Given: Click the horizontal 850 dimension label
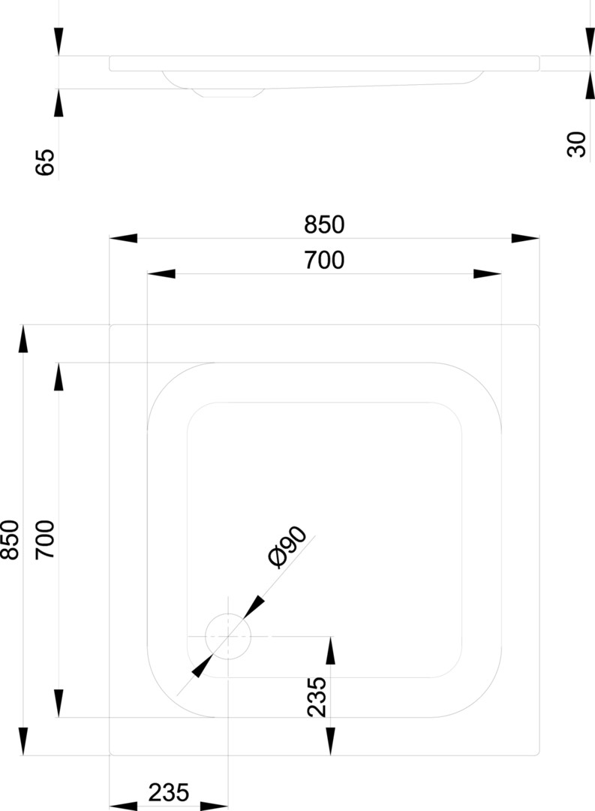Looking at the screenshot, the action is [x=324, y=225].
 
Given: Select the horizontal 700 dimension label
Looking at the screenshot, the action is [x=324, y=260].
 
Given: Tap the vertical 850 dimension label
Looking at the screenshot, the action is [x=11, y=539].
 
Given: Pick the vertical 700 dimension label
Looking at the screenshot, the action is [x=45, y=539].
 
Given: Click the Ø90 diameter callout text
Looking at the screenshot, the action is [x=287, y=547].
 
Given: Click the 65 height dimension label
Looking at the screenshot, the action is [x=45, y=162].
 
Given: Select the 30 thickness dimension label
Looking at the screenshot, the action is [x=577, y=144].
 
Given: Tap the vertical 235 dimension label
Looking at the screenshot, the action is [x=317, y=697].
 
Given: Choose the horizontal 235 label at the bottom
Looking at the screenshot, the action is [x=169, y=792].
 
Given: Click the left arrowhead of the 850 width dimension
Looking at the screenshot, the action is [x=124, y=239].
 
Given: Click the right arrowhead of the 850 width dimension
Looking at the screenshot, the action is [x=525, y=239].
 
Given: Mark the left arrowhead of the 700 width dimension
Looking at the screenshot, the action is [x=161, y=273].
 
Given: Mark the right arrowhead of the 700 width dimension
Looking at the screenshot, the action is [x=487, y=273].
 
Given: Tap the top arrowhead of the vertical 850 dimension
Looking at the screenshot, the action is [x=23, y=339].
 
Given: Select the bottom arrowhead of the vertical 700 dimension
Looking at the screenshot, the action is [x=59, y=704].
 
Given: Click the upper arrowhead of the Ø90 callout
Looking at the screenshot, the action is [x=254, y=607].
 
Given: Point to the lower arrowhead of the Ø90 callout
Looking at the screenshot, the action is [x=202, y=666].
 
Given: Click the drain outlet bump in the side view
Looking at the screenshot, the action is [x=228, y=92].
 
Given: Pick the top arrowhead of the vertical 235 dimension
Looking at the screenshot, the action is [x=331, y=650].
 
